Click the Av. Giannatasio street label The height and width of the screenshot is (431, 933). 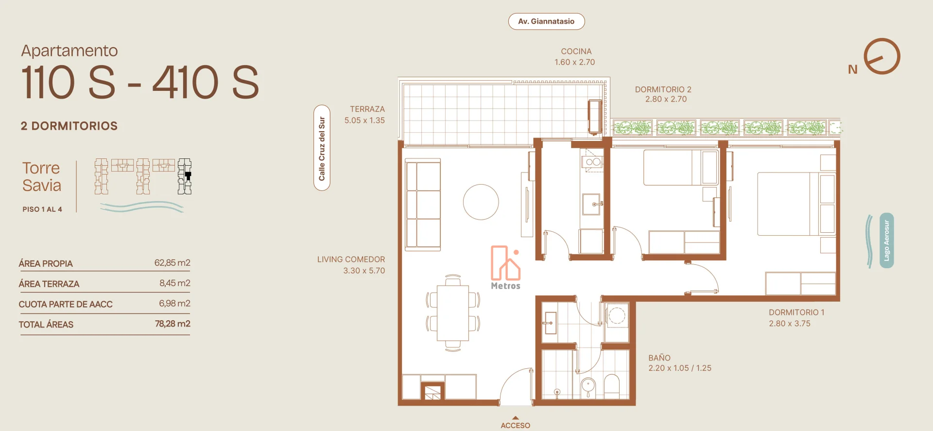(x=546, y=21)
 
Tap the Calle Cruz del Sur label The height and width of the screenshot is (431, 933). (x=322, y=148)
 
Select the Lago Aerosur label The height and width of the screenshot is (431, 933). (x=886, y=241)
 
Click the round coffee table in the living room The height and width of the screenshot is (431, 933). (x=481, y=202)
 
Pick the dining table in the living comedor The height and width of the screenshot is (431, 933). (x=453, y=313)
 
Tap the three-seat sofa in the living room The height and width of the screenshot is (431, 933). (x=423, y=205)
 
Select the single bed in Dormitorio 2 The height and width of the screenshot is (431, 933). (x=681, y=168)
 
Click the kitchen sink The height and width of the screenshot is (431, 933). (x=592, y=204)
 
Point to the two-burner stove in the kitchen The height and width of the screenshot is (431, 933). (x=593, y=162)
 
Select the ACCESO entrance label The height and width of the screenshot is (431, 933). (x=516, y=425)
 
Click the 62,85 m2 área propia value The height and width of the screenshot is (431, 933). (x=173, y=263)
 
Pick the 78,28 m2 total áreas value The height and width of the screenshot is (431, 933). (x=173, y=324)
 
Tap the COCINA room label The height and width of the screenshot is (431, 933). (x=576, y=52)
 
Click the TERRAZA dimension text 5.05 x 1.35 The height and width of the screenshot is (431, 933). (x=364, y=121)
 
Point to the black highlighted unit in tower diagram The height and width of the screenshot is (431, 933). (x=188, y=175)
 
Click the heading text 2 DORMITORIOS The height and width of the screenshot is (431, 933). (x=69, y=126)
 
